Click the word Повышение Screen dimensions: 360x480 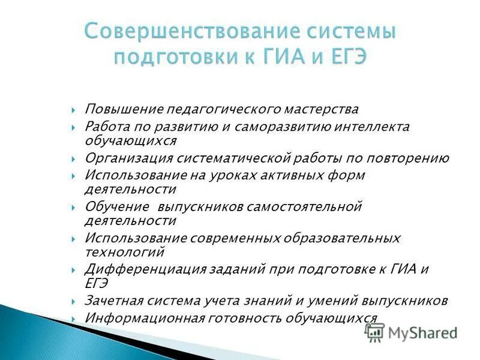[x=115, y=110]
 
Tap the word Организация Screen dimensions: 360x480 [x=128, y=158]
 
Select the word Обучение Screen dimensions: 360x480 [x=117, y=207]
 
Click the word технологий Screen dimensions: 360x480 [x=124, y=251]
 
